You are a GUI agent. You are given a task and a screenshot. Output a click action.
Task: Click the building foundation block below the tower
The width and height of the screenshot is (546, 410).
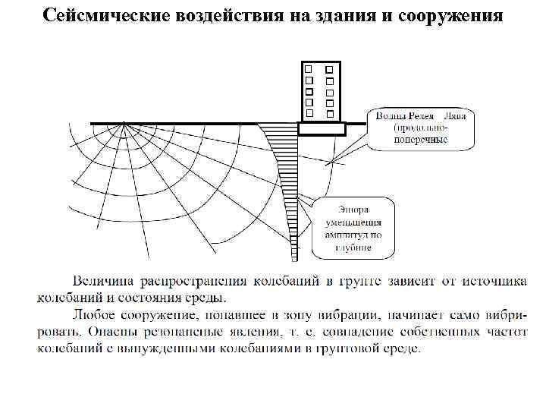tap(322, 129)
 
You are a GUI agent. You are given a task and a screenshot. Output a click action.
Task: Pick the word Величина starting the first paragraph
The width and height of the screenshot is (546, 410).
tap(103, 282)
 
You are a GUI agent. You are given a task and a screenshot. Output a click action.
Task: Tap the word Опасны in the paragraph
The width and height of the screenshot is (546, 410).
tap(110, 331)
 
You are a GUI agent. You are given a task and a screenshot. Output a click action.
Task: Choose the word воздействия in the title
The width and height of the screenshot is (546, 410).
tap(227, 16)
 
